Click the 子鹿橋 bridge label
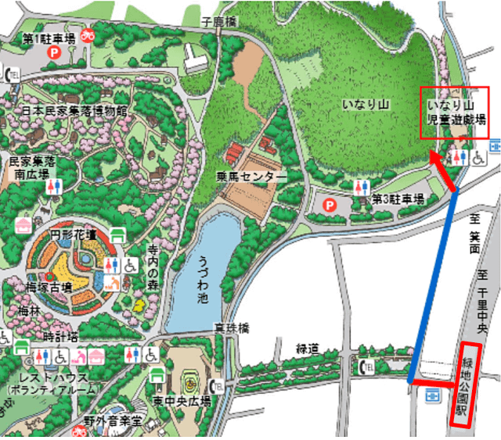218,24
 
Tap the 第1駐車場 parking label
48,37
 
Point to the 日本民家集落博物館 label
65,111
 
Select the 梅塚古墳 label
50,288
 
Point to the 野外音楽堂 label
110,422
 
